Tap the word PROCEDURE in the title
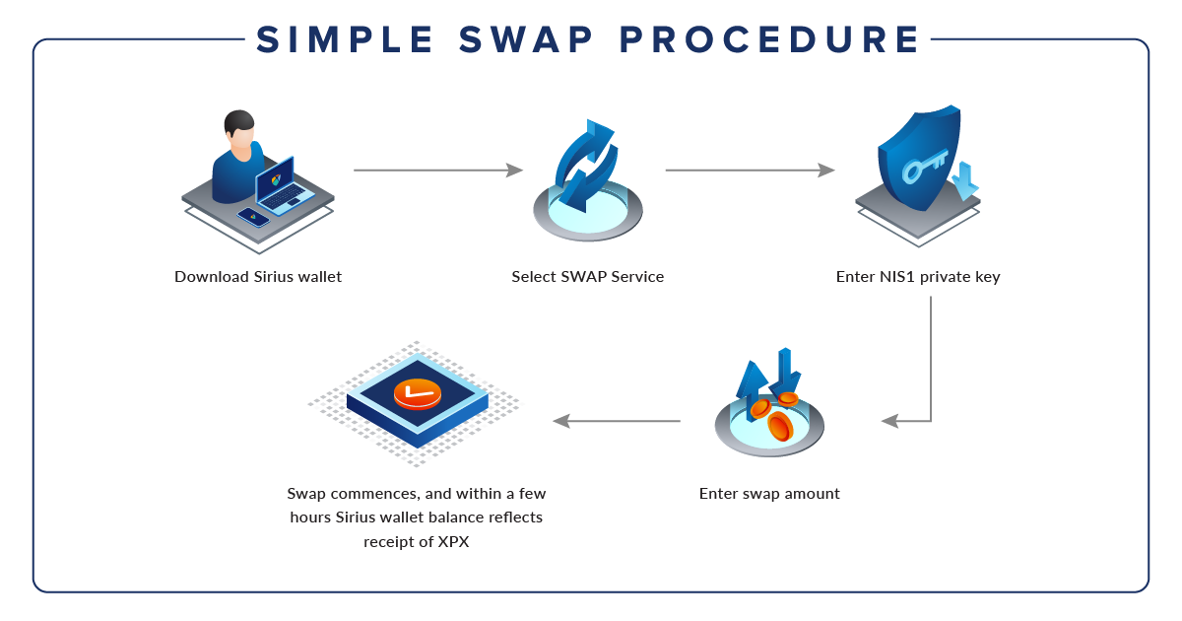(770, 39)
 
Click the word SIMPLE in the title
(345, 39)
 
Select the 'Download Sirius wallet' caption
(258, 277)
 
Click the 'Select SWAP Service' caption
(588, 277)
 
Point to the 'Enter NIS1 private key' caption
(918, 277)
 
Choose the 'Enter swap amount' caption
(769, 494)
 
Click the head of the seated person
(238, 127)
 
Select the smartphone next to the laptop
(253, 217)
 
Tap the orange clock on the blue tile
(418, 393)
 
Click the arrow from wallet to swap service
(437, 171)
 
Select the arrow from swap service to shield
(750, 171)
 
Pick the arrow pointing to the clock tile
(616, 421)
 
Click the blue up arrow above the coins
(754, 379)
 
